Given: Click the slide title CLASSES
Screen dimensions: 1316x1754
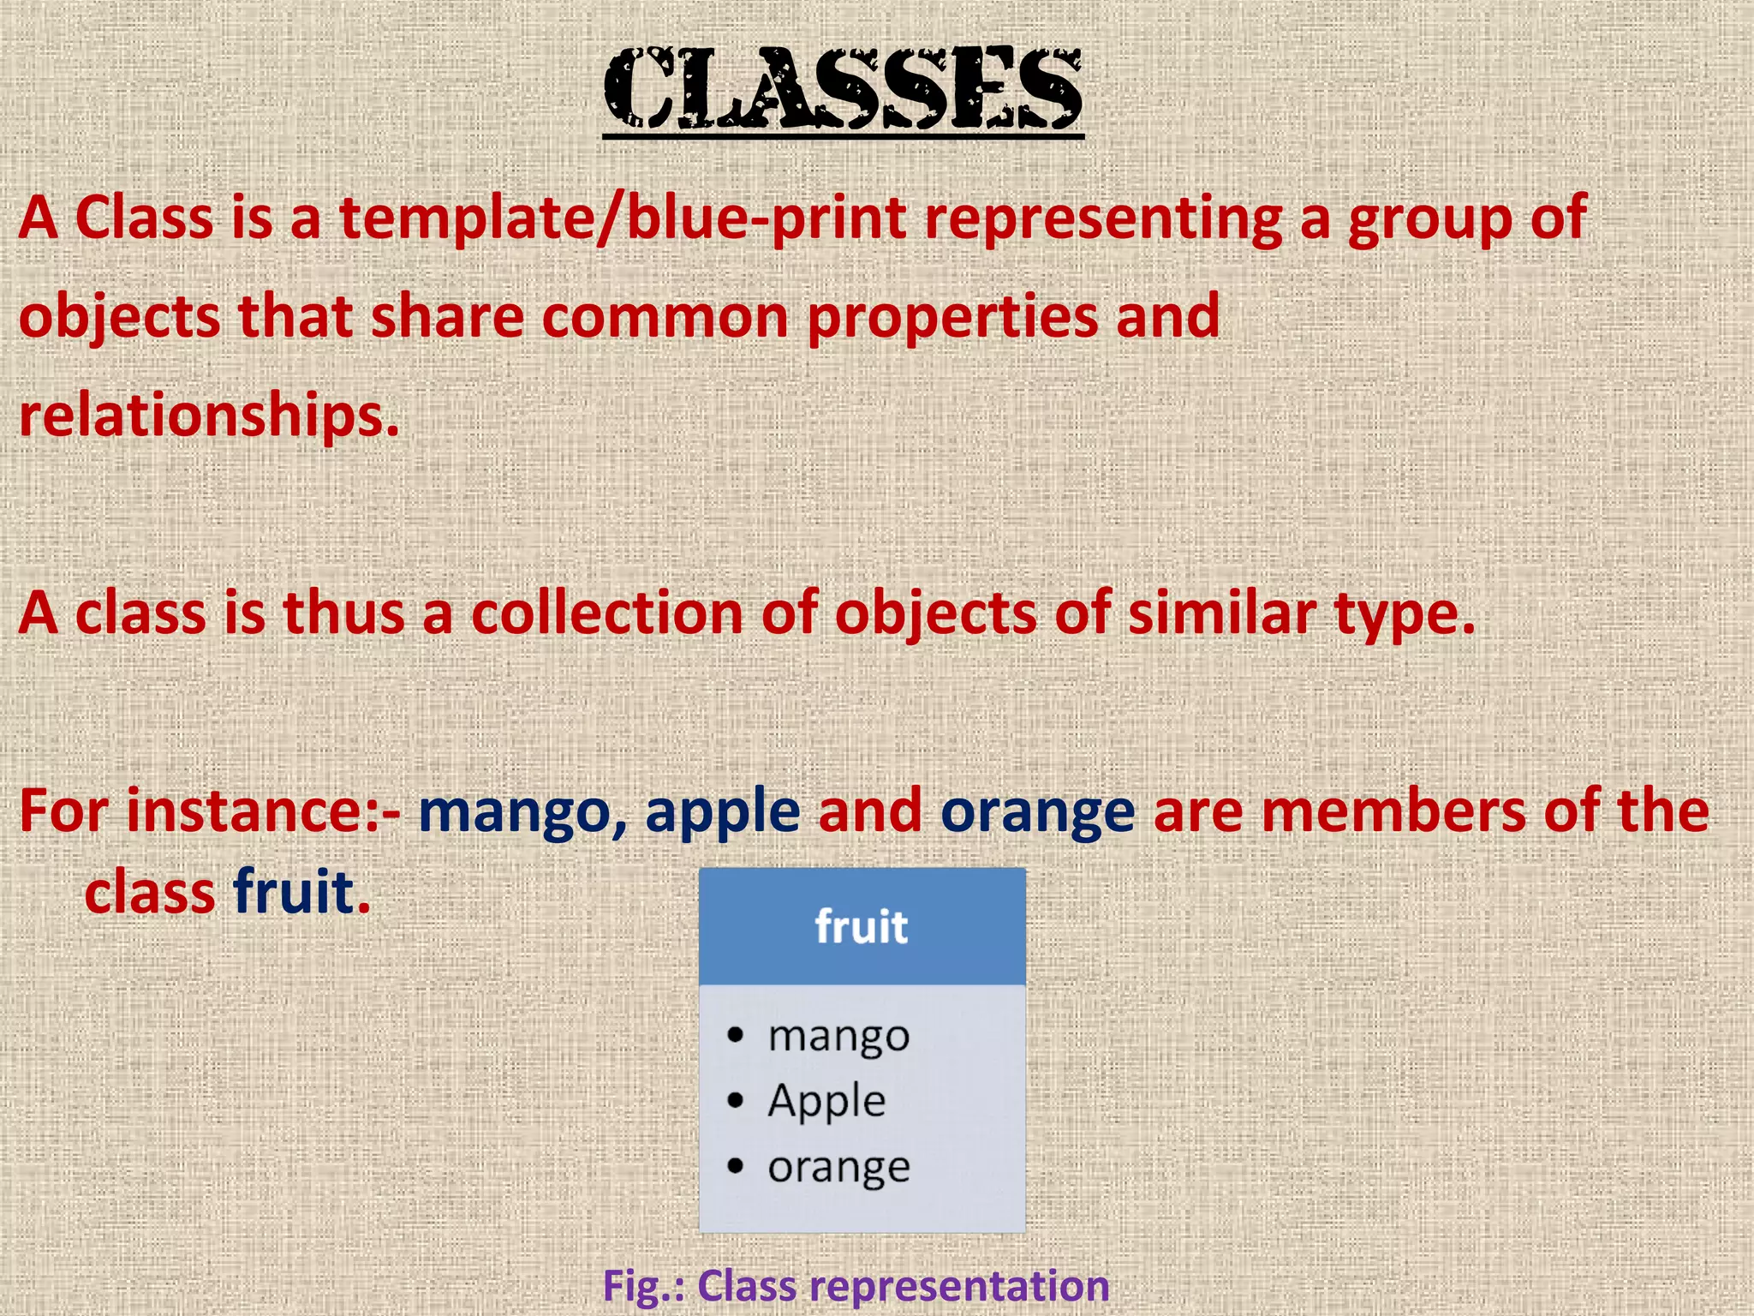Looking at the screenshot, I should coord(843,88).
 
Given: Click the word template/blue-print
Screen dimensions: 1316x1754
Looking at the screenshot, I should coord(623,218).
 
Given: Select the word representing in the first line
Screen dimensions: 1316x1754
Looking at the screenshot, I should coord(1102,218).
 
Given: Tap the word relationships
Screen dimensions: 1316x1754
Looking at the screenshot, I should coord(209,416).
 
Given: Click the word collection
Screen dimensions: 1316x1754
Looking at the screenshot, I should coord(607,614).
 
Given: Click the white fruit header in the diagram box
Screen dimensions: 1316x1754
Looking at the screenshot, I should coord(861,927).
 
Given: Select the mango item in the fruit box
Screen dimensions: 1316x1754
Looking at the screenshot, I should coord(838,1037).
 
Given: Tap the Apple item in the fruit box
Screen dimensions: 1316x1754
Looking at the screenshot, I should coord(826,1102).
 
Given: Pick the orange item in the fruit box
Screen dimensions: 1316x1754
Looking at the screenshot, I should coord(838,1167).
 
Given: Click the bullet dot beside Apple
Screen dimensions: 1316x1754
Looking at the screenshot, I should coord(735,1100).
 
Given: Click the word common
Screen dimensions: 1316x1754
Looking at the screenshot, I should coord(665,317).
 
